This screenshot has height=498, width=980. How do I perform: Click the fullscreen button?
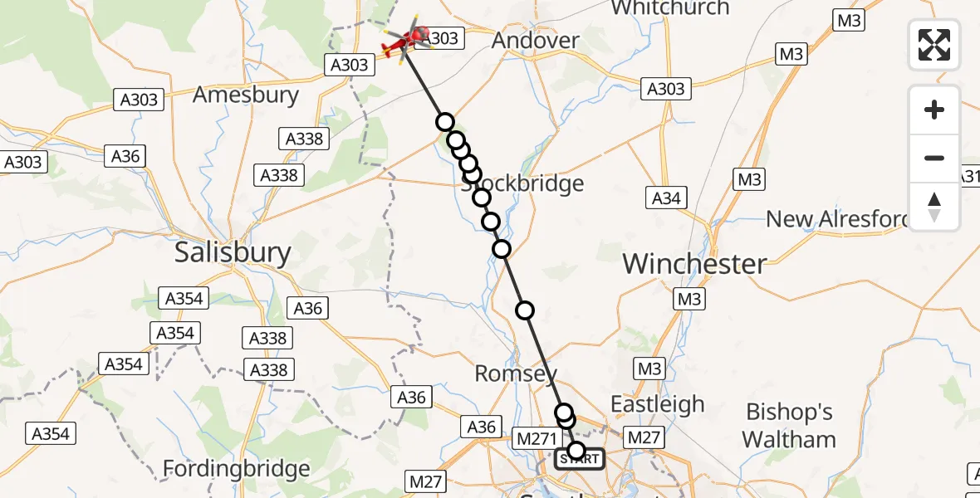934,45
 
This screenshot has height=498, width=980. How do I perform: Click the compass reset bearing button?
934,206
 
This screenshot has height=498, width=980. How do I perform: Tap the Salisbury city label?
233,253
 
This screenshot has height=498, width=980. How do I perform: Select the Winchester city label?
694,264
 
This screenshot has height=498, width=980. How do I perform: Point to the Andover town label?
535,40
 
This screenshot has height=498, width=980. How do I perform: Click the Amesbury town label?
245,95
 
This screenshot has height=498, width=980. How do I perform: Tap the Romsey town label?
515,373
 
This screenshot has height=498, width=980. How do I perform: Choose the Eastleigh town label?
657,404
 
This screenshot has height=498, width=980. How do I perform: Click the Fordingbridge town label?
236,469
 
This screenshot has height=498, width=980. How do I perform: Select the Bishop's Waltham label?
789,425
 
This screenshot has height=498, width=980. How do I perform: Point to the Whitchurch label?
669,8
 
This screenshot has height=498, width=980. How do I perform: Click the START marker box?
580,458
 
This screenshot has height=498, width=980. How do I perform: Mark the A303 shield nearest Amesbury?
139,100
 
